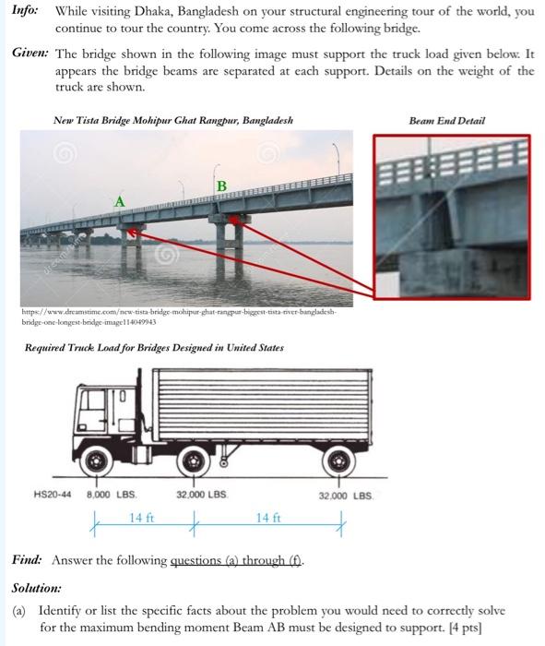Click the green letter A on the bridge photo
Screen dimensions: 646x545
(x=119, y=200)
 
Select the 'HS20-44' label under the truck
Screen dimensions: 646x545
(x=52, y=496)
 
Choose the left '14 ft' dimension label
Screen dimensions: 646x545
(x=141, y=518)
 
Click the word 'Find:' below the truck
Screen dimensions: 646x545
(x=29, y=560)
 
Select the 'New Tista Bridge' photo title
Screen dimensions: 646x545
(x=173, y=121)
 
